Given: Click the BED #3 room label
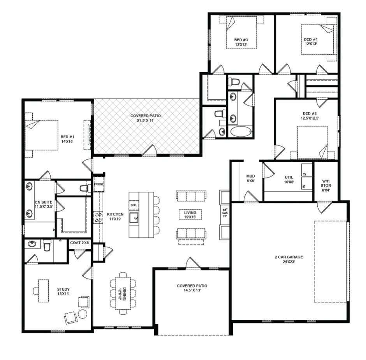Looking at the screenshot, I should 241,42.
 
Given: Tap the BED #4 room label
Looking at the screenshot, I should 311,42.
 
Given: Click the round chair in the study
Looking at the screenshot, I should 83,314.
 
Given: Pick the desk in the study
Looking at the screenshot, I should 43,291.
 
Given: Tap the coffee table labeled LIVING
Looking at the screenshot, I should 190,214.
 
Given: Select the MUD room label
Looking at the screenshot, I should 250,178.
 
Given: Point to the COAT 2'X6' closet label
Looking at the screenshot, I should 80,242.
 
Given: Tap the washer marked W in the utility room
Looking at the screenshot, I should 304,186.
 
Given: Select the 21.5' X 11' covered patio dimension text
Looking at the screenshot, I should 146,121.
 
